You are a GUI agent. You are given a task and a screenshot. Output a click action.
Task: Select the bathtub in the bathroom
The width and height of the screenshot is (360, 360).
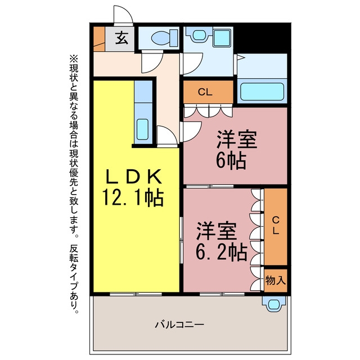pyautogui.click(x=262, y=92)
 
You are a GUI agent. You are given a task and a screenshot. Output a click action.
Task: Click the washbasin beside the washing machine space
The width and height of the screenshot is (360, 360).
pyautogui.click(x=199, y=35)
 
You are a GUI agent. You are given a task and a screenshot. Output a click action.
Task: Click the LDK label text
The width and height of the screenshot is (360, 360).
pyautogui.click(x=133, y=177)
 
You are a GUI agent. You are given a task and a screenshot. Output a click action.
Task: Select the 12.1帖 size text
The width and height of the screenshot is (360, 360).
pyautogui.click(x=133, y=197)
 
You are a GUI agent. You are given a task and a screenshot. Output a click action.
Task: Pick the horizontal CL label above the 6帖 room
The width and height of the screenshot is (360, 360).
pyautogui.click(x=205, y=92)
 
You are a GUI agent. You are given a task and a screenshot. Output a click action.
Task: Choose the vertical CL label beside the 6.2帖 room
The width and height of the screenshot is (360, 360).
pyautogui.click(x=276, y=225)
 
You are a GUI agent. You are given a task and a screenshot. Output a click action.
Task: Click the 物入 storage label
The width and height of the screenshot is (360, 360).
pyautogui.click(x=276, y=280)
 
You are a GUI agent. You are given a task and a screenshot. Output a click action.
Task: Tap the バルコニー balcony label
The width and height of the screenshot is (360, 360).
pyautogui.click(x=179, y=325)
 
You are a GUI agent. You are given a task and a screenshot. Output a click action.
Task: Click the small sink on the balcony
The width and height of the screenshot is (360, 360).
pyautogui.click(x=274, y=304)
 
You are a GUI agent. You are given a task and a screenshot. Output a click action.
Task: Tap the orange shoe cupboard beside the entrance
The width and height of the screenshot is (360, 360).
pyautogui.click(x=99, y=39)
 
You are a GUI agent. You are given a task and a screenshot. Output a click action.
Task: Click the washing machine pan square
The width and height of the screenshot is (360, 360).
pyautogui.click(x=222, y=38)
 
